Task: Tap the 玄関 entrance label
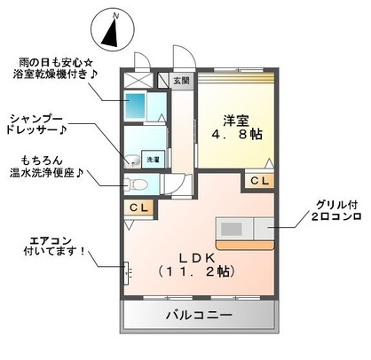click(x=181, y=81)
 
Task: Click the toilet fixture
click(x=135, y=185)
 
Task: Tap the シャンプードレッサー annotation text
click(x=40, y=124)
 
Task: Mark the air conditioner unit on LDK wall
click(x=126, y=270)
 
